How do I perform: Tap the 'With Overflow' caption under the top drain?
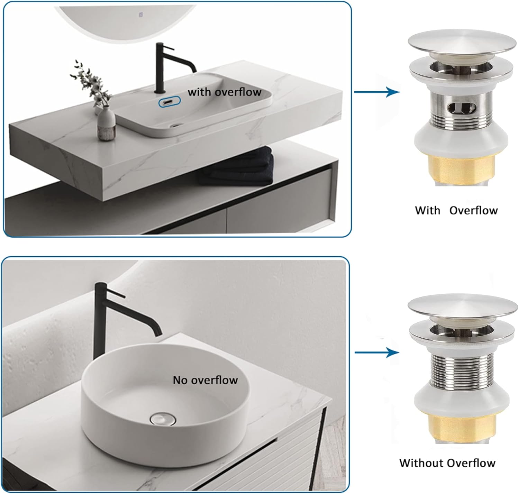[456, 210]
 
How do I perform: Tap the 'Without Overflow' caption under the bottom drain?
[447, 463]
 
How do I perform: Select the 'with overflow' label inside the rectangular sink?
[224, 92]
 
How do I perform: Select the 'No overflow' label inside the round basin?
[205, 380]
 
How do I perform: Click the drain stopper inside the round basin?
[163, 419]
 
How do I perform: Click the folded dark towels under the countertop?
[239, 166]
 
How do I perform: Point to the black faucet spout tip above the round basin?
[158, 333]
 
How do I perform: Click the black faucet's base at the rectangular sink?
[160, 91]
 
